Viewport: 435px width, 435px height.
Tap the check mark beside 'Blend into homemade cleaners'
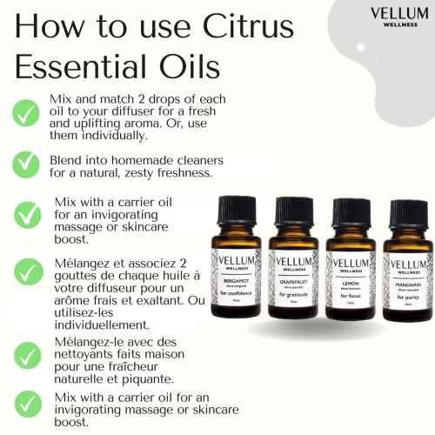(x=25, y=164)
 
